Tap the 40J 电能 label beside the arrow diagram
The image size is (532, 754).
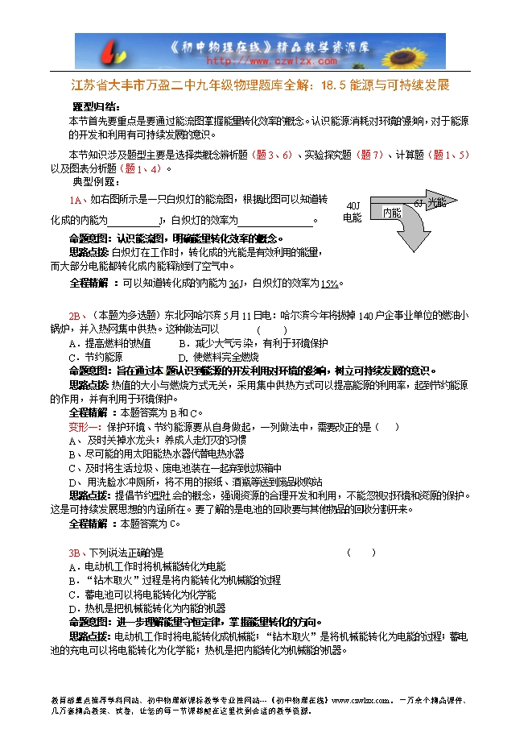(x=353, y=212)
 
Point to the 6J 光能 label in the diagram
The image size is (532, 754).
(x=429, y=202)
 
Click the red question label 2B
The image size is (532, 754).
(x=76, y=316)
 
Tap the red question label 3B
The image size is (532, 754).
(x=76, y=553)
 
